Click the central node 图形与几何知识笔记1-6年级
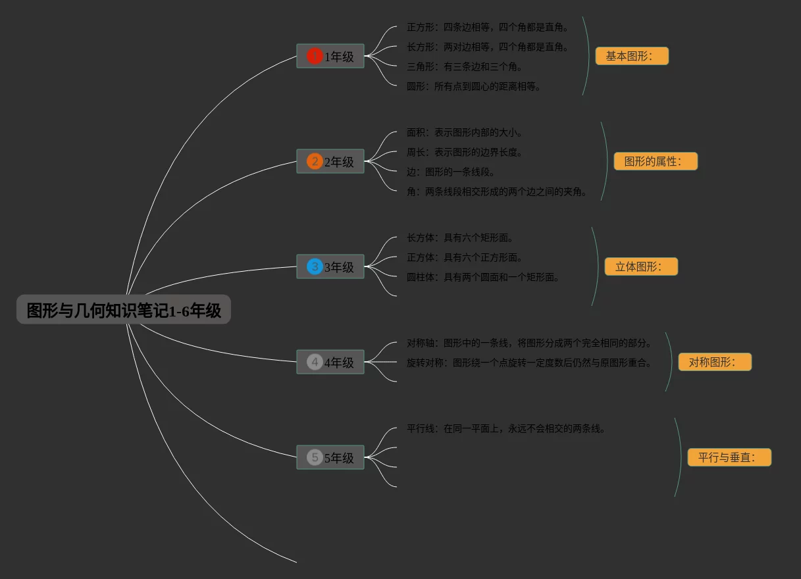124,310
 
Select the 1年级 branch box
330,57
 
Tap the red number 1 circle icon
315,57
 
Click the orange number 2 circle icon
315,162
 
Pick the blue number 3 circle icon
315,267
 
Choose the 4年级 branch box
330,363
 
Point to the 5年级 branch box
330,458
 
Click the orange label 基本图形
632,56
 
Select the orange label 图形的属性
656,161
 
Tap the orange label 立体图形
641,266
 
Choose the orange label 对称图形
715,362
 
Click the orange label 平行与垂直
729,457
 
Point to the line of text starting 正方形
487,28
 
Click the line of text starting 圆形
473,86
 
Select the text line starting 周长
464,152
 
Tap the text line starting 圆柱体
482,277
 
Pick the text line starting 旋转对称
529,363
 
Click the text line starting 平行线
505,428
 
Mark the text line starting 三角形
464,66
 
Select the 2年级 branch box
330,162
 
